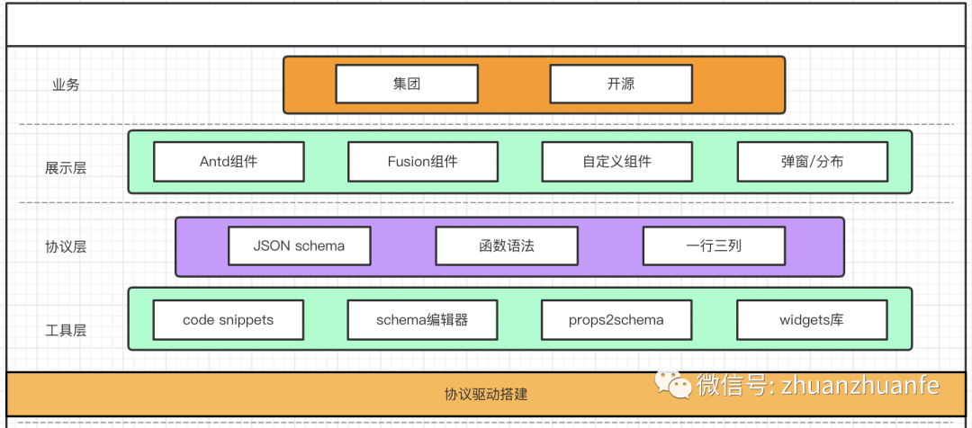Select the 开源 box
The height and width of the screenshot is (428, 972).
(x=621, y=85)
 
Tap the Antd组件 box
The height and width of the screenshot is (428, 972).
(x=229, y=162)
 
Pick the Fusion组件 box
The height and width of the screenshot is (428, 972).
(x=423, y=162)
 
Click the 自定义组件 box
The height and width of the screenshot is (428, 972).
(x=616, y=162)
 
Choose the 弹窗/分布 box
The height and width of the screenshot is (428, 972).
(x=812, y=162)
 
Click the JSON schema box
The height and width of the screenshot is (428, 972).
(x=299, y=245)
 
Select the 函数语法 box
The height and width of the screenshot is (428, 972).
(x=507, y=245)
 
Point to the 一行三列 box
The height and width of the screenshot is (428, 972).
(x=714, y=245)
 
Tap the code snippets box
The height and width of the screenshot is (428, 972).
(x=229, y=319)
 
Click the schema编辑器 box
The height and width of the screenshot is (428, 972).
(x=423, y=319)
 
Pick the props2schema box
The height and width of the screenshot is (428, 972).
(x=616, y=319)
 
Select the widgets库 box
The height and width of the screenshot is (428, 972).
(x=812, y=319)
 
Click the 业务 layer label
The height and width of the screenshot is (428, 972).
(x=66, y=85)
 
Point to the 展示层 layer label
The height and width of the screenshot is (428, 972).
(x=66, y=167)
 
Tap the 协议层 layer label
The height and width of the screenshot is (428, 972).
(x=66, y=246)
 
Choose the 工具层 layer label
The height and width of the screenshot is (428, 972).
(x=66, y=330)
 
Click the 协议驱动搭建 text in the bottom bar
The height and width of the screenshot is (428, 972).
(x=485, y=395)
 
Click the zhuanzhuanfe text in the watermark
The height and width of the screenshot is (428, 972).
(x=859, y=386)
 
